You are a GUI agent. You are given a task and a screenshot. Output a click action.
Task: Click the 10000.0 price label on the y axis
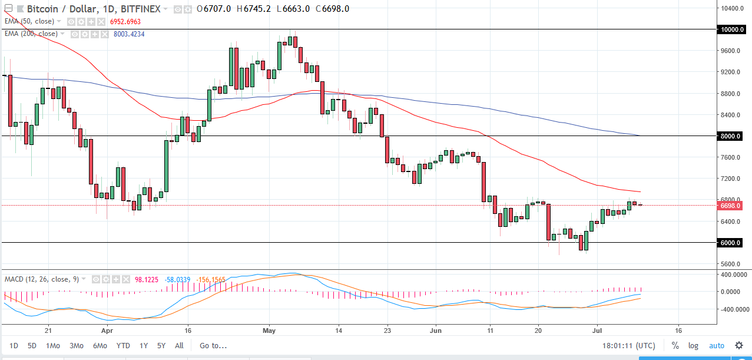[734, 29]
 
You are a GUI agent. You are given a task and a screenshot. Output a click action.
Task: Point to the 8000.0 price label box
[733, 136]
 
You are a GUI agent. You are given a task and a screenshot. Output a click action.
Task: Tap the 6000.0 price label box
[733, 243]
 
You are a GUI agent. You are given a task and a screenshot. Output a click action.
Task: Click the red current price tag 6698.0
[733, 206]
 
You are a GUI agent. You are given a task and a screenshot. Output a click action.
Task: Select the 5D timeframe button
[32, 345]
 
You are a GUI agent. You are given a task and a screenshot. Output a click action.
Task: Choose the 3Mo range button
[76, 345]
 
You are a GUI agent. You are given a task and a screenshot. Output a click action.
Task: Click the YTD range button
[123, 345]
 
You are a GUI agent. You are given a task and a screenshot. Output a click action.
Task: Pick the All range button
[179, 345]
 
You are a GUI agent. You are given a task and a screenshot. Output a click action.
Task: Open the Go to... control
[213, 345]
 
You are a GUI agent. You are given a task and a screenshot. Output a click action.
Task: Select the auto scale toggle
[717, 345]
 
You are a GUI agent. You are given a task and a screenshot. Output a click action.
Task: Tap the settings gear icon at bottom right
[738, 345]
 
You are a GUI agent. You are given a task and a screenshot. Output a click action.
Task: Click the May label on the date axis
[269, 331]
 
